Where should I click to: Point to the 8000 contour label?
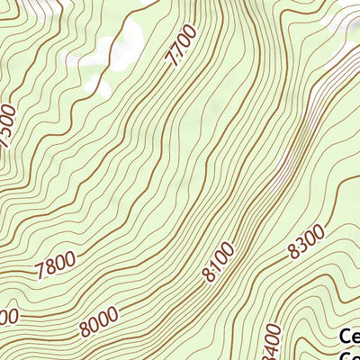[x=100, y=321]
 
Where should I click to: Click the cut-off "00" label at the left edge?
[x=7, y=317]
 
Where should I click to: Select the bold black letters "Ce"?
[x=349, y=337]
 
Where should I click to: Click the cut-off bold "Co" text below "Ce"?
[x=350, y=355]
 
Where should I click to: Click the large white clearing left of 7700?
[x=126, y=45]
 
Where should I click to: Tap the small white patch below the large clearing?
[x=101, y=88]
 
